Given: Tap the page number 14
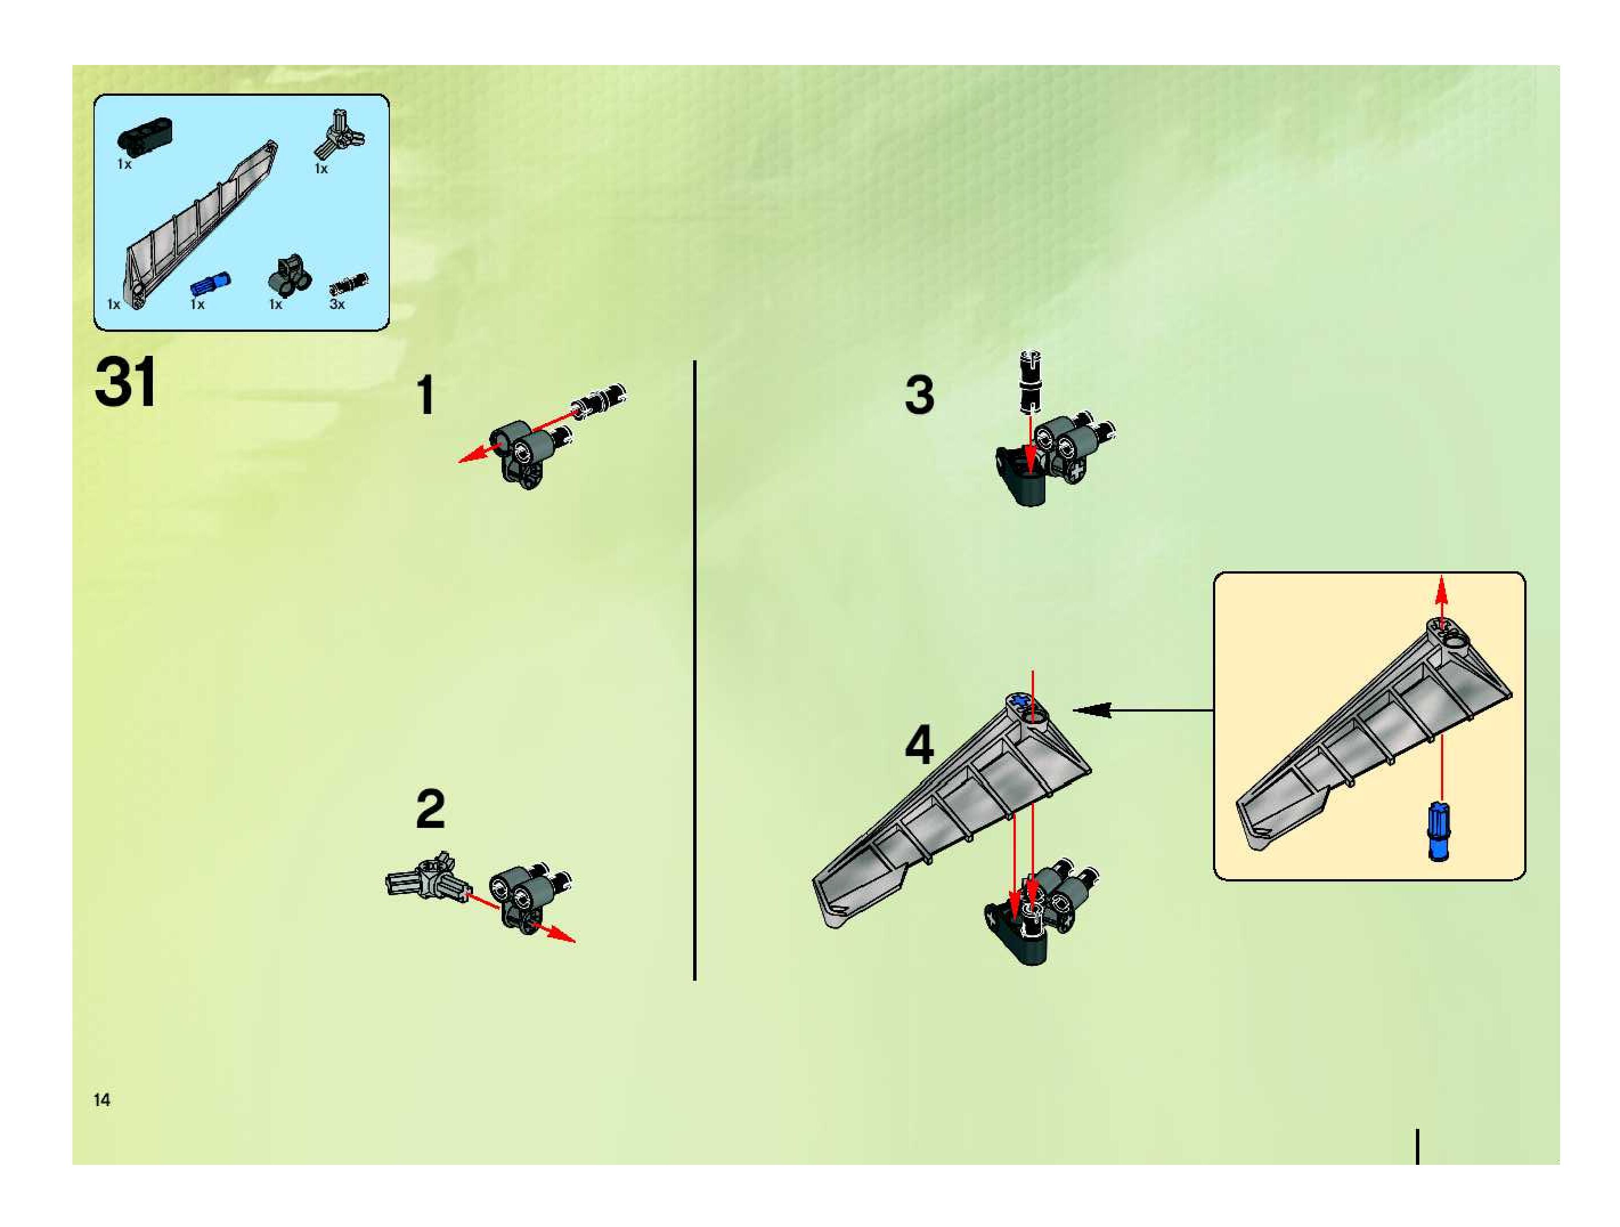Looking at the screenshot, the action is click(102, 1099).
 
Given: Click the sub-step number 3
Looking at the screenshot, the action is click(920, 395).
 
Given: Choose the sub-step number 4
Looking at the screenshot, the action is click(920, 743).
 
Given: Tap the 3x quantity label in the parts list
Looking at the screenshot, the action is click(337, 304).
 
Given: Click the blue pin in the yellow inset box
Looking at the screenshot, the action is click(1439, 831).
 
